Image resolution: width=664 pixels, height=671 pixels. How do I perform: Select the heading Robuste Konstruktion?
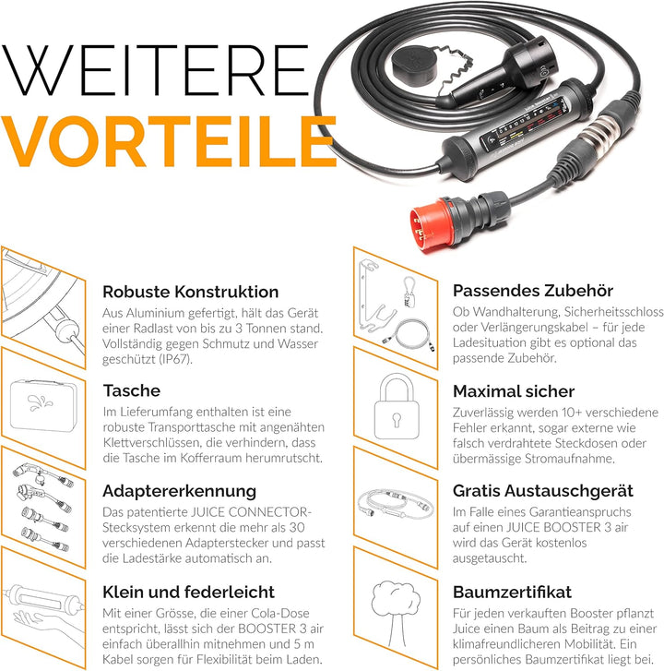point(190,292)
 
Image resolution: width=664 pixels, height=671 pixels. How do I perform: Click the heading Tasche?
point(131,391)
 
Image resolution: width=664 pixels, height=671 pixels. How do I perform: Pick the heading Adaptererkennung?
point(179,491)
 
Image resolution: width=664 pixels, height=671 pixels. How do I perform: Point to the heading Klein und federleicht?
point(189,592)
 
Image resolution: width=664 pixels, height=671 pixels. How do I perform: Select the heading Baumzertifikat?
point(512,592)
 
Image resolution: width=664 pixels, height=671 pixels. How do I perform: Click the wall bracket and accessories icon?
point(392,300)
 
